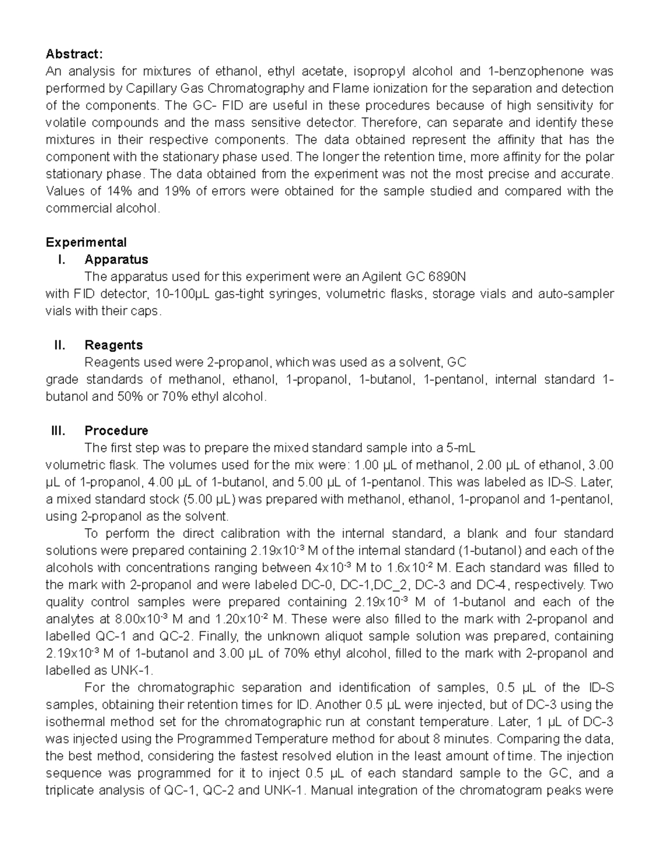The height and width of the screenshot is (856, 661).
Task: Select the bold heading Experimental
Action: pyautogui.click(x=86, y=243)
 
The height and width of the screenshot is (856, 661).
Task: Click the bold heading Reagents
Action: pyautogui.click(x=113, y=345)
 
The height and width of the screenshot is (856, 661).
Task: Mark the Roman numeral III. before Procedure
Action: pyautogui.click(x=58, y=430)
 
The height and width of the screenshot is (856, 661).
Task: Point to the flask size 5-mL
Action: pyautogui.click(x=456, y=448)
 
